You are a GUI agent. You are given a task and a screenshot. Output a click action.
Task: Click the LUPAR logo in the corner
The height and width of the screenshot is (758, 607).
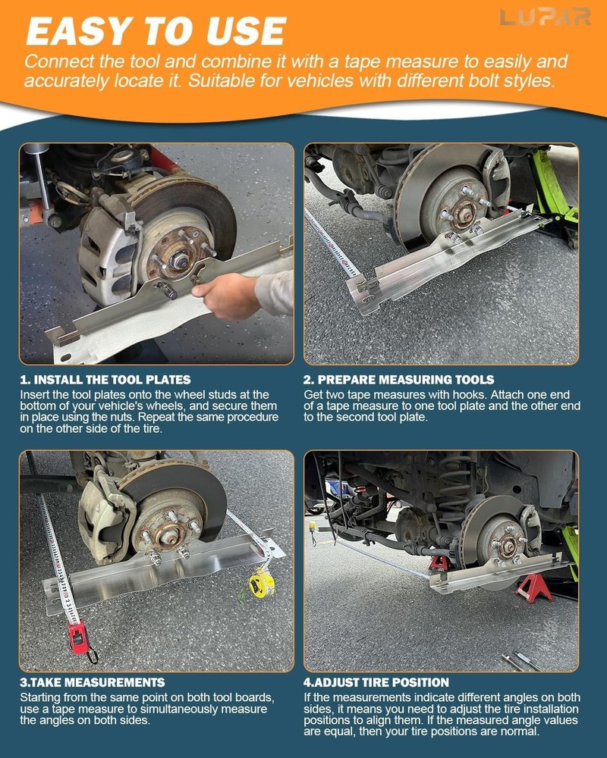(x=545, y=17)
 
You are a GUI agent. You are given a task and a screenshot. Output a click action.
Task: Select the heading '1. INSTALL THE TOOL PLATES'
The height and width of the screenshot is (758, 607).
(x=105, y=379)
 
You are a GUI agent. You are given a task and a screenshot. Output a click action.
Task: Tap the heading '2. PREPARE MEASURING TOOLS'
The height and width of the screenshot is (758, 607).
(x=398, y=379)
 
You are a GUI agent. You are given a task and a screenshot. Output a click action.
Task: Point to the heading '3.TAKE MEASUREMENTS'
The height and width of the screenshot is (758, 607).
(x=92, y=682)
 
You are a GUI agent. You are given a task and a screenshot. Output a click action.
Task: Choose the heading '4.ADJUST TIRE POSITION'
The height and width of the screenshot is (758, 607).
(x=376, y=682)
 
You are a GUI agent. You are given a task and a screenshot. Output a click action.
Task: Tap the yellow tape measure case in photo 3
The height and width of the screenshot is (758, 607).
(x=262, y=583)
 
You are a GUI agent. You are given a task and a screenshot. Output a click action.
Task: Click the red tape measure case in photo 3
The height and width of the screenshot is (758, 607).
(x=77, y=637)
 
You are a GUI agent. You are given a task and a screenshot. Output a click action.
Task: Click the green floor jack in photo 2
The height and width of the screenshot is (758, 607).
(x=552, y=189)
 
